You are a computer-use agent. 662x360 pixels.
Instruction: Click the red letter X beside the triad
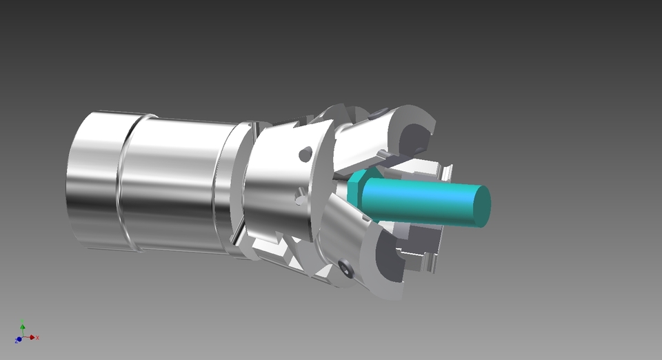click(x=38, y=337)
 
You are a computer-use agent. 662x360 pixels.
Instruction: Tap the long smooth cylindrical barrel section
click(x=172, y=183)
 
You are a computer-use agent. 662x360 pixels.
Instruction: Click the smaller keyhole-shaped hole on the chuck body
click(x=299, y=199)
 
